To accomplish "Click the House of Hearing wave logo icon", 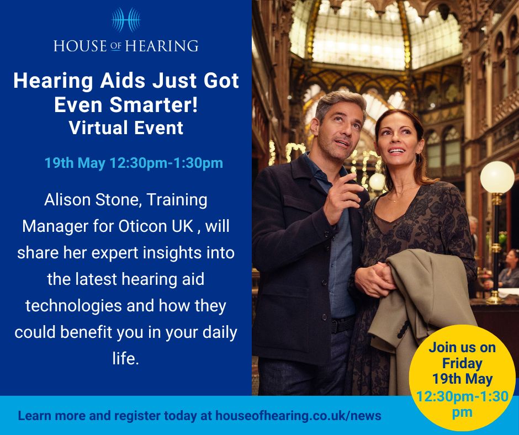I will click(126, 20).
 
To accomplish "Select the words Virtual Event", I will click(126, 128).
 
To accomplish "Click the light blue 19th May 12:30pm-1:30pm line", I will click(134, 163).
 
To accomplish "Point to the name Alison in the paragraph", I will click(67, 200).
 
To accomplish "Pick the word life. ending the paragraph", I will click(126, 358).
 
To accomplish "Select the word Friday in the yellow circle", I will click(462, 364).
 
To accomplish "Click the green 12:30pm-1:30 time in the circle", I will click(462, 396).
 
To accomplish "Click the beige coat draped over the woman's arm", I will click(420, 309).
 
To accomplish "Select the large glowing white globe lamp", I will click(497, 177).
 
